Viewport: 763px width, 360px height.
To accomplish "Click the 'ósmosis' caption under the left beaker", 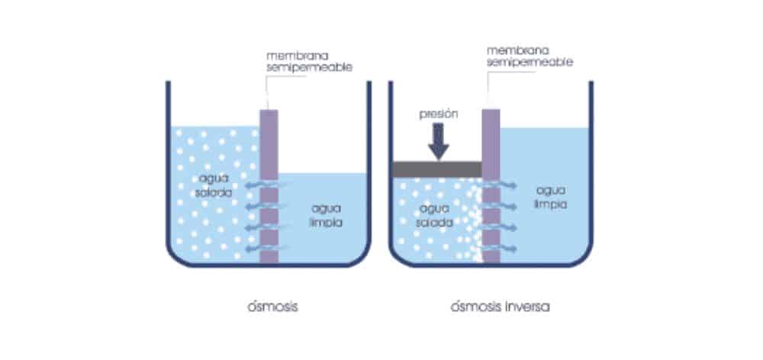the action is click(272, 307).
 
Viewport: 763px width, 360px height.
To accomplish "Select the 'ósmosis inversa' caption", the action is click(501, 307).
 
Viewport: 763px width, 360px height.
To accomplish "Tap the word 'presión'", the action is click(439, 115).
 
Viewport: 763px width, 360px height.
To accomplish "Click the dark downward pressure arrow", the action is click(439, 142).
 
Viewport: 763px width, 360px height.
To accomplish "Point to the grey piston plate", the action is click(437, 169).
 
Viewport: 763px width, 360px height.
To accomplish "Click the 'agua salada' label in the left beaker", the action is click(214, 185).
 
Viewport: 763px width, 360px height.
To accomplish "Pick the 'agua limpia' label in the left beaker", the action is click(327, 216).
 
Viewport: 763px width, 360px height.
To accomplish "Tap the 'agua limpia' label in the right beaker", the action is click(551, 197).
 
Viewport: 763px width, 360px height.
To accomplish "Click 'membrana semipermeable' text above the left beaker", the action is click(309, 62).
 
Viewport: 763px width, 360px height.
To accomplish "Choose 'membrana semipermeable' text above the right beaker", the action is click(530, 56).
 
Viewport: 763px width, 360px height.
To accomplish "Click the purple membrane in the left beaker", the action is click(269, 186).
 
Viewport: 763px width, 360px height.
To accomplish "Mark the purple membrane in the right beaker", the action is click(491, 186).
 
